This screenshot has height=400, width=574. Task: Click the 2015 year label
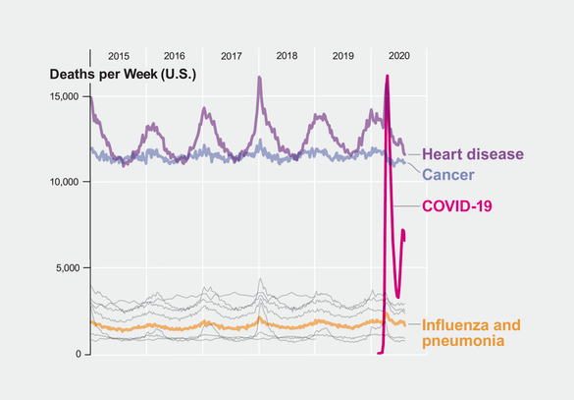click(118, 56)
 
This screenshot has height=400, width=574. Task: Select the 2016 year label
click(174, 56)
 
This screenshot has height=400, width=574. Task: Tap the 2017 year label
click(231, 56)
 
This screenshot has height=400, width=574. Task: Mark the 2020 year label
click(399, 56)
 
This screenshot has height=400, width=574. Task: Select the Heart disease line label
click(472, 154)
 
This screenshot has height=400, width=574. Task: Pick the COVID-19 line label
click(456, 205)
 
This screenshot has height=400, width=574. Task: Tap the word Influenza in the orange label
click(457, 325)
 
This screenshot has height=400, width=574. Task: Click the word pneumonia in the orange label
click(463, 341)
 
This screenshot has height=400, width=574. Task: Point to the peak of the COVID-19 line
click(388, 77)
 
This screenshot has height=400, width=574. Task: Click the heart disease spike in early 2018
click(259, 77)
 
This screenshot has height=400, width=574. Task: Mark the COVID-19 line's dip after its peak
click(397, 295)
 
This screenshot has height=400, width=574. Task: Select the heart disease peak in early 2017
click(204, 109)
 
